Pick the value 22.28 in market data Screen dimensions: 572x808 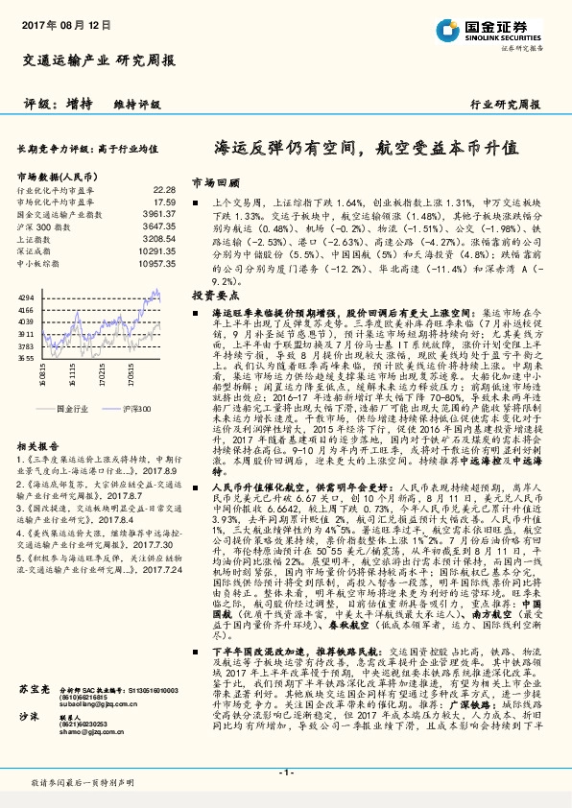pyautogui.click(x=164, y=190)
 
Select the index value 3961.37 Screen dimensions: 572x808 pyautogui.click(x=159, y=214)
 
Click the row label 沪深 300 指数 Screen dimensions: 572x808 pyautogui.click(x=42, y=226)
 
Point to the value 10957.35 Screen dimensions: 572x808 pyautogui.click(x=157, y=261)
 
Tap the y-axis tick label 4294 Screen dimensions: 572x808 pyautogui.click(x=25, y=297)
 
